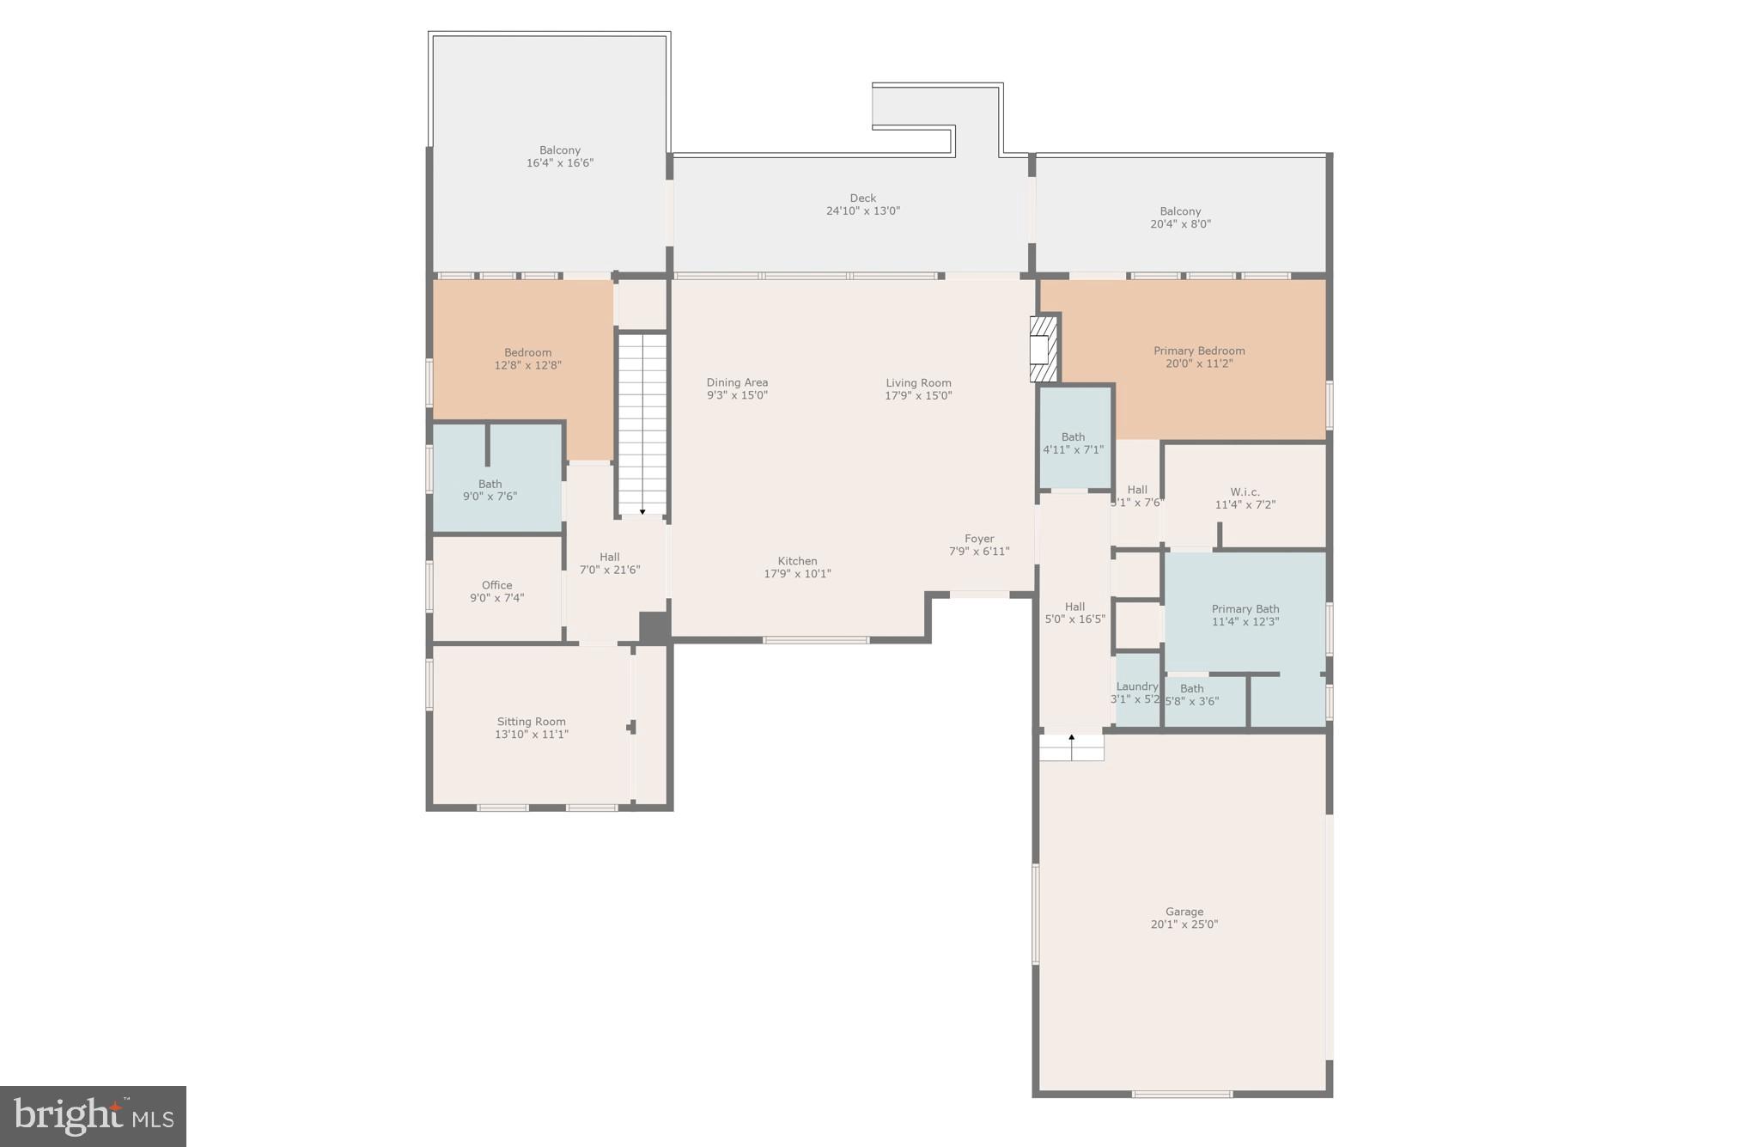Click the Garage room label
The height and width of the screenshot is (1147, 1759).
(x=1184, y=912)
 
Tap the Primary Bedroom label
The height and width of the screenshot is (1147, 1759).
(x=1198, y=351)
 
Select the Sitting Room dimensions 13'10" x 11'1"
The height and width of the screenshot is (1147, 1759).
(x=531, y=735)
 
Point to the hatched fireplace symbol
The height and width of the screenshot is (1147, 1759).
(x=1044, y=348)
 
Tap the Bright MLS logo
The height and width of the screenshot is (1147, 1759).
(x=93, y=1116)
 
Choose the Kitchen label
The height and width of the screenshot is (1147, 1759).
(x=797, y=561)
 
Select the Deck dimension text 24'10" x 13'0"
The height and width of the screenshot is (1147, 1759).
(x=862, y=210)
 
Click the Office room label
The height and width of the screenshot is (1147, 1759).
(x=496, y=585)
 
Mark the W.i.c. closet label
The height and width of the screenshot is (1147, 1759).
(x=1245, y=492)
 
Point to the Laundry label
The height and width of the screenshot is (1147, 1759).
(x=1136, y=686)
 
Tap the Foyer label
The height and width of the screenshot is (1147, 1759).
(x=979, y=539)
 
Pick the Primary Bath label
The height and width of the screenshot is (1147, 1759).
(x=1245, y=609)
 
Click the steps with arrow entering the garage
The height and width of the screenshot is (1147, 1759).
(x=1071, y=747)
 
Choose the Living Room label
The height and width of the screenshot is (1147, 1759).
(x=918, y=383)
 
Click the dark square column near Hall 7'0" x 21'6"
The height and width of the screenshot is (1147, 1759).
(x=654, y=626)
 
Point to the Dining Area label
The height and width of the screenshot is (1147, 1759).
(x=737, y=382)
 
